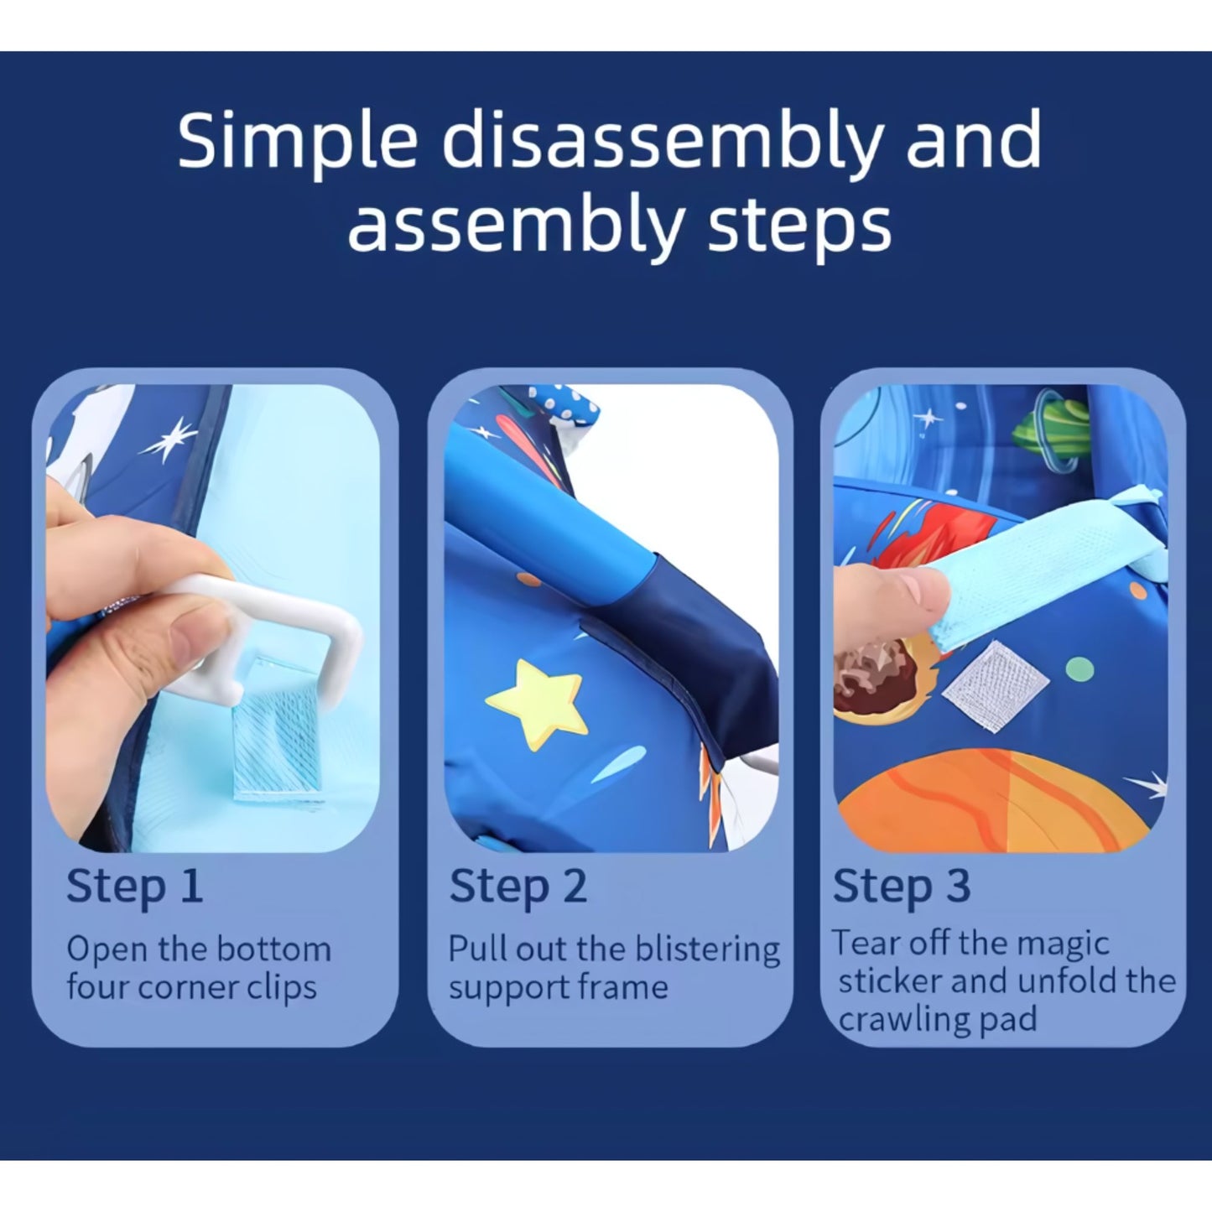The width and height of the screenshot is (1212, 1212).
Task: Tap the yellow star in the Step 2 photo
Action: coord(537,703)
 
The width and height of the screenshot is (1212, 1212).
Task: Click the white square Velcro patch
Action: coord(995,685)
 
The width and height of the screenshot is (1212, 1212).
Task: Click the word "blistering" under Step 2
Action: coord(708,949)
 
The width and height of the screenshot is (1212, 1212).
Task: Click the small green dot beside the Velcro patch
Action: coord(1079,669)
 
